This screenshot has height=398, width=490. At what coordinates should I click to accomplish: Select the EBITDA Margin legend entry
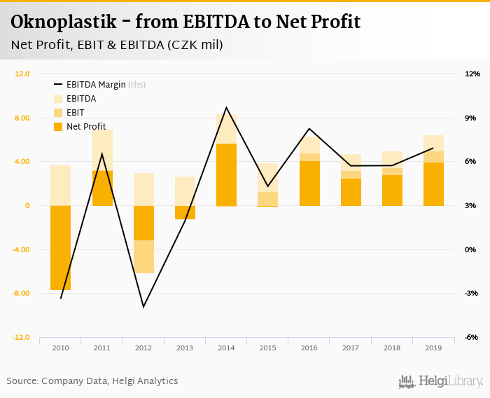96,85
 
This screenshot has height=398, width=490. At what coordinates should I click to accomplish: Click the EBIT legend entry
75,113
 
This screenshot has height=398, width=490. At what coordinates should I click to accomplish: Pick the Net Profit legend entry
85,127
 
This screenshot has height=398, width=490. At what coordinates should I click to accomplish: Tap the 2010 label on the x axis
60,347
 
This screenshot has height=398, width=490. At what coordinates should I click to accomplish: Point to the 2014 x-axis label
226,347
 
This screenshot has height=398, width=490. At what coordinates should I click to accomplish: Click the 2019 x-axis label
433,347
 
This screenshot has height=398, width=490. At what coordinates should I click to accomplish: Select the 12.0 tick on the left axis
22,74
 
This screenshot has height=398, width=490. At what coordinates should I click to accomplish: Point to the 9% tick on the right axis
471,118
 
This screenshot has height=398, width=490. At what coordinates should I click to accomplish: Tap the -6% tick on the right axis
471,338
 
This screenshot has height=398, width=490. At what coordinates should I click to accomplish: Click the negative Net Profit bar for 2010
60,247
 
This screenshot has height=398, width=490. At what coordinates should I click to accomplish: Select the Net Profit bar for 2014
226,174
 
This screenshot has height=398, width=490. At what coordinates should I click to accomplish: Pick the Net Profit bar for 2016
309,184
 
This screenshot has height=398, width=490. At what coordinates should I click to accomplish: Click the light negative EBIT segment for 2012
143,256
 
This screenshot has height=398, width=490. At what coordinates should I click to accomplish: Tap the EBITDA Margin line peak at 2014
226,108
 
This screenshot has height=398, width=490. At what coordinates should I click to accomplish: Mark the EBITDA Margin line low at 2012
143,307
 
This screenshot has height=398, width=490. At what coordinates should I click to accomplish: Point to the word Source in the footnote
22,381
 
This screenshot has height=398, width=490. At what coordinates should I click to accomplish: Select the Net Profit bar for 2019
433,184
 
